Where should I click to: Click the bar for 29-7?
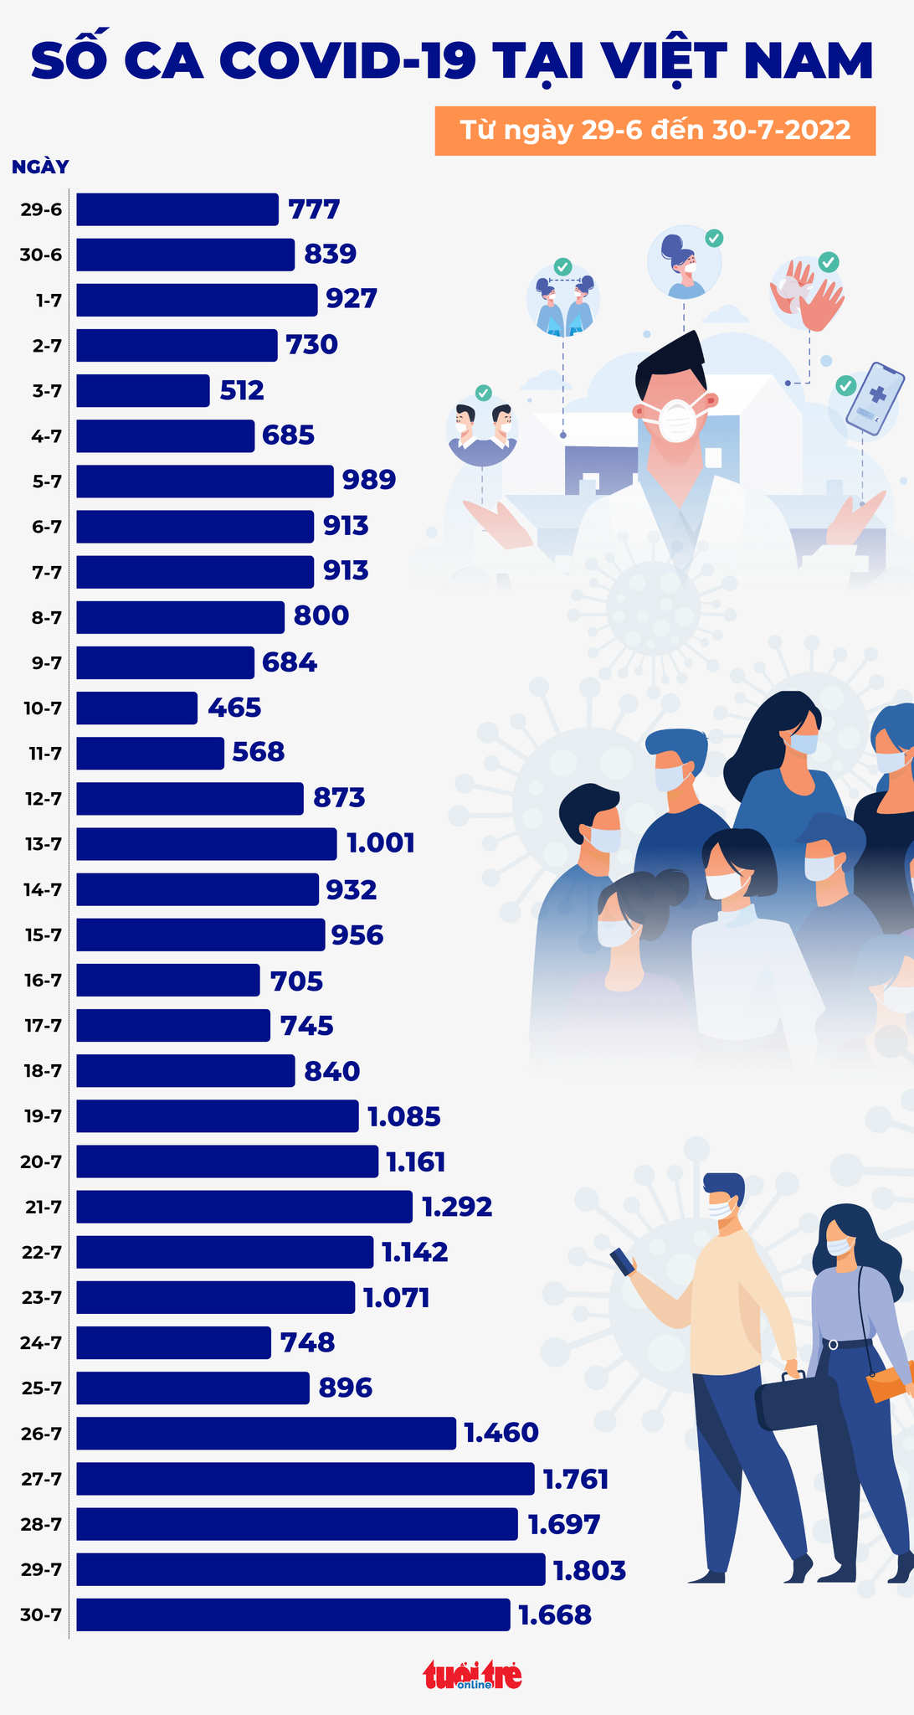click(x=311, y=1569)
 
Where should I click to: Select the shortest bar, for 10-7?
click(x=137, y=708)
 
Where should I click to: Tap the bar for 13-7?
click(x=207, y=843)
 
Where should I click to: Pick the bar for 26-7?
click(x=266, y=1433)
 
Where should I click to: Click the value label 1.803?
click(x=590, y=1570)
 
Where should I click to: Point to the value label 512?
click(x=242, y=390)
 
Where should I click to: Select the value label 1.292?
click(x=457, y=1207)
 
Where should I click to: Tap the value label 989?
click(x=369, y=480)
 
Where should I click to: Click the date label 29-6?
click(x=41, y=209)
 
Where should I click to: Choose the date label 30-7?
click(x=41, y=1615)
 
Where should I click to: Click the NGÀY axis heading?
click(x=40, y=167)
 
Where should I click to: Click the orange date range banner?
click(x=655, y=131)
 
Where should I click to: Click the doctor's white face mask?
click(x=677, y=418)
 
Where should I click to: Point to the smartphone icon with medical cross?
click(x=875, y=399)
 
